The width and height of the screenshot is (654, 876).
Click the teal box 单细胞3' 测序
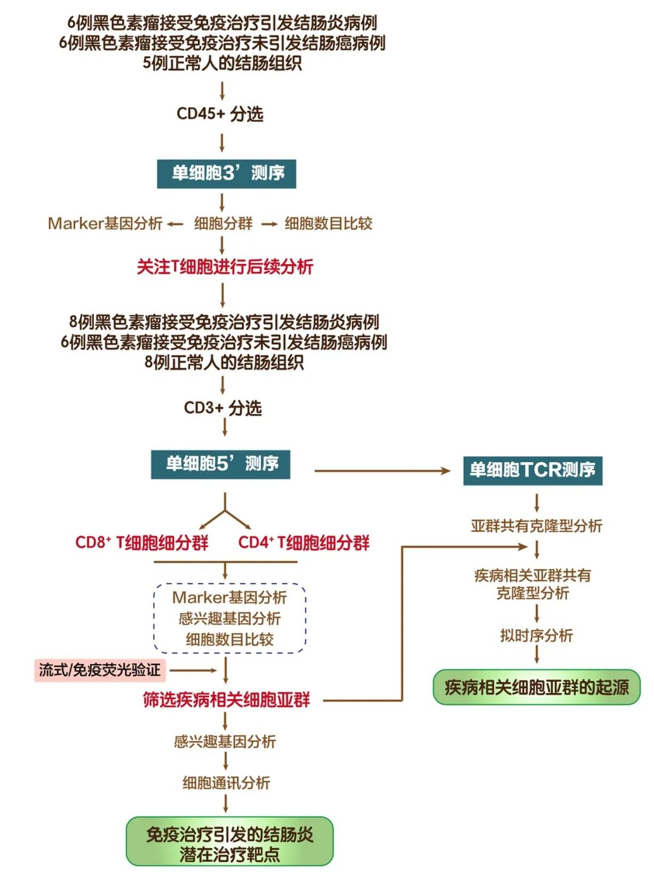[x=226, y=174]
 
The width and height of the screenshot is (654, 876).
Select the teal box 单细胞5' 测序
[x=220, y=465]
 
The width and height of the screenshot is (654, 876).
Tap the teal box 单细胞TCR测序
[x=532, y=470]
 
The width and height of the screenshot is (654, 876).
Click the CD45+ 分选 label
[x=220, y=114]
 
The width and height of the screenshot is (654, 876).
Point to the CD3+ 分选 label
[x=223, y=408]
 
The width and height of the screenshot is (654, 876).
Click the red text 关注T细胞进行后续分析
[x=225, y=267]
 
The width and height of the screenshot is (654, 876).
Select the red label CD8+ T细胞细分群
[x=142, y=542]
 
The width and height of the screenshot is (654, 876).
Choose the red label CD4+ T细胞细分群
[x=303, y=542]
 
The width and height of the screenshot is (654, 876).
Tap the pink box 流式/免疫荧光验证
[x=100, y=670]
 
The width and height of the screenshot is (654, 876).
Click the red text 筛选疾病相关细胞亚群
[x=226, y=700]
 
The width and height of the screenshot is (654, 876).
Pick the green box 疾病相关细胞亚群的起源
[x=537, y=687]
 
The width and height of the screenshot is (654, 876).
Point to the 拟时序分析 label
[x=537, y=635]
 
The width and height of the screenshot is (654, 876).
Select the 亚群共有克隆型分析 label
[x=537, y=526]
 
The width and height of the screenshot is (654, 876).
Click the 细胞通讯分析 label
[x=226, y=783]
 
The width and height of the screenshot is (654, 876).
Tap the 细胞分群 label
[x=223, y=224]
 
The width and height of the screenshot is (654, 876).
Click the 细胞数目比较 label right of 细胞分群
[x=328, y=224]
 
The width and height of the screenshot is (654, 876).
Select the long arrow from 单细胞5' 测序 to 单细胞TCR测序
[x=382, y=471]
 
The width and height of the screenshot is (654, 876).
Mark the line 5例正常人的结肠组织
[x=222, y=63]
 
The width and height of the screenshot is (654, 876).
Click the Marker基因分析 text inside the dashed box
[x=230, y=597]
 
